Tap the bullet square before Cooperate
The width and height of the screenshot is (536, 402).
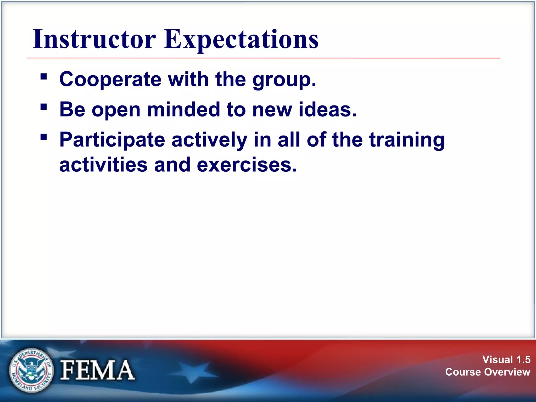pos(44,77)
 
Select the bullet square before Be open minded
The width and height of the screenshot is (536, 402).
pos(44,107)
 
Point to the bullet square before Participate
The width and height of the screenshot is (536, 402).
pos(44,137)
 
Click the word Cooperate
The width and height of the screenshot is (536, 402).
pos(110,79)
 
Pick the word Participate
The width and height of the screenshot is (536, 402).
pos(112,140)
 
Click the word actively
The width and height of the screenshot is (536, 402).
pos(209,140)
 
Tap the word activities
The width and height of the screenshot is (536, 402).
pos(103,165)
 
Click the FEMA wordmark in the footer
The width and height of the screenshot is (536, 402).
pos(97,370)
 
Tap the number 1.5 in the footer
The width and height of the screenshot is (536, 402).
pos(523,360)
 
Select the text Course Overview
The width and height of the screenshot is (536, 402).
pos(488,372)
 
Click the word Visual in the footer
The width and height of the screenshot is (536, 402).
pos(498,360)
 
